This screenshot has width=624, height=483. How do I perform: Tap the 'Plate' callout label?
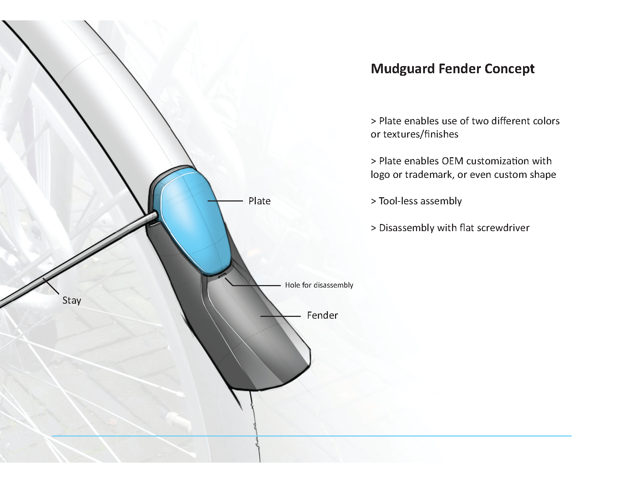tap(259, 201)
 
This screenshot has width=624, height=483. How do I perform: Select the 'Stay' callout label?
tap(72, 300)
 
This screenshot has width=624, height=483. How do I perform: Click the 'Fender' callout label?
tap(322, 315)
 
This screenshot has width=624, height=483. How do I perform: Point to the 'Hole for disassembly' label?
tap(319, 285)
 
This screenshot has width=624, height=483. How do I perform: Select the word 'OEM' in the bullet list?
tap(453, 161)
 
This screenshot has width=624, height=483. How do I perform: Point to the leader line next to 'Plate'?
tap(225, 201)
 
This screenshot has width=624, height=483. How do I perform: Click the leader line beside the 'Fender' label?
tap(280, 316)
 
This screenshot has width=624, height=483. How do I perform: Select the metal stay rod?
tap(78, 261)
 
